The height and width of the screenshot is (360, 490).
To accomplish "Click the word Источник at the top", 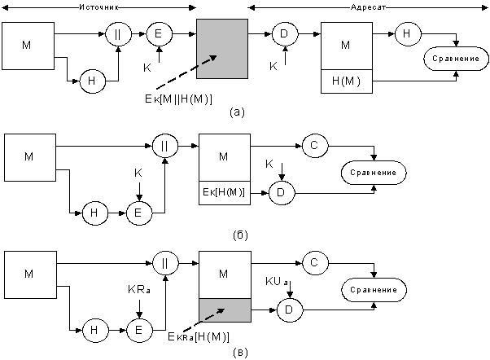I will (x=103, y=7).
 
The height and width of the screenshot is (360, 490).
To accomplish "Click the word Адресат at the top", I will (x=367, y=7).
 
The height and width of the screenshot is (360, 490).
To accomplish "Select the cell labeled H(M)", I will (x=347, y=81).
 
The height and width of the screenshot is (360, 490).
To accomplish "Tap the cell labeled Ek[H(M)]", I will (x=225, y=192).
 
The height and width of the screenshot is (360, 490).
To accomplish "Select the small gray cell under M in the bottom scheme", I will (x=225, y=310).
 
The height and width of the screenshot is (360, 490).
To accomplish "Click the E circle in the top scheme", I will (x=158, y=34).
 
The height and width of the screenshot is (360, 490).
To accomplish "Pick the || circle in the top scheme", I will (x=118, y=34).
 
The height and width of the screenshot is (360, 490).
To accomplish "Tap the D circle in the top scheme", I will (x=283, y=34).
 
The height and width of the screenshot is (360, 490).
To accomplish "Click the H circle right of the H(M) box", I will (x=407, y=34).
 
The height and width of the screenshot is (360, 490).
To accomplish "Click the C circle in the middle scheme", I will (x=314, y=146).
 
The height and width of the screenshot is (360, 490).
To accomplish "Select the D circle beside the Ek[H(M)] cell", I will (x=281, y=193).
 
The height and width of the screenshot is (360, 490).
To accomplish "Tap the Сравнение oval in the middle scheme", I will (x=373, y=173).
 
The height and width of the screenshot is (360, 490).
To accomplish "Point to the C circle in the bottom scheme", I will (x=314, y=262).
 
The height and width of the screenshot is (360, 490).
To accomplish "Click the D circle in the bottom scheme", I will (x=289, y=310).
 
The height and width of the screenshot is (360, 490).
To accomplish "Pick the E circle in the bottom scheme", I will (x=138, y=330).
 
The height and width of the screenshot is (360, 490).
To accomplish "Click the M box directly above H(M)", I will (x=347, y=46).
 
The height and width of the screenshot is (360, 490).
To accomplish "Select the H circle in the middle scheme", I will (x=95, y=213).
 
